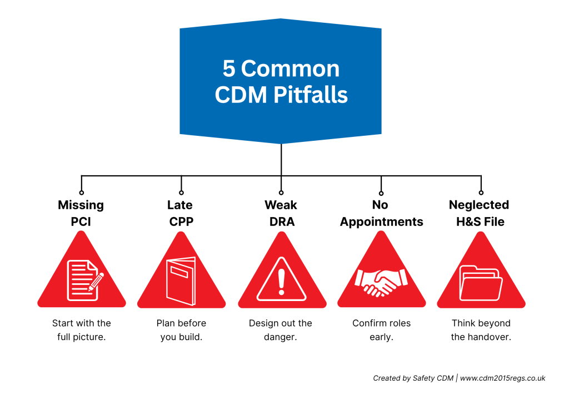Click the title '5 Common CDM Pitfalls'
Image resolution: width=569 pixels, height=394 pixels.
pyautogui.click(x=281, y=81)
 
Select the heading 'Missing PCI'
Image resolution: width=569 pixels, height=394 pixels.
pyautogui.click(x=81, y=213)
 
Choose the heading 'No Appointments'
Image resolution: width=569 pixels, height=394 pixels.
pyautogui.click(x=381, y=213)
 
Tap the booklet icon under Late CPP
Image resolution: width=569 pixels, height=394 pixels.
pyautogui.click(x=181, y=280)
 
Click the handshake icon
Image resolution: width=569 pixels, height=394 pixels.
pyautogui.click(x=381, y=282)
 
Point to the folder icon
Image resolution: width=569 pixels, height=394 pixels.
pyautogui.click(x=481, y=283)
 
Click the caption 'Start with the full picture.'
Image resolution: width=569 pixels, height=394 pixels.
pyautogui.click(x=81, y=330)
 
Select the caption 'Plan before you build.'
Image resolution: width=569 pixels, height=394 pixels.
pyautogui.click(x=181, y=330)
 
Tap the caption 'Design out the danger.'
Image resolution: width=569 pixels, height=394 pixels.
pyautogui.click(x=281, y=330)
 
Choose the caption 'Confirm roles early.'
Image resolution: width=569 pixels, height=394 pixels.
pyautogui.click(x=381, y=330)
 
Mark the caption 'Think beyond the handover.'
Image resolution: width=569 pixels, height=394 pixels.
pyautogui.click(x=481, y=330)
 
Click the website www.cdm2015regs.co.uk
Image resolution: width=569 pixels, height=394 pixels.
pyautogui.click(x=502, y=378)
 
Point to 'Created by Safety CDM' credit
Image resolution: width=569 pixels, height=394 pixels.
pyautogui.click(x=412, y=378)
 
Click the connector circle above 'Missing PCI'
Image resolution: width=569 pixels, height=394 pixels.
pyautogui.click(x=82, y=193)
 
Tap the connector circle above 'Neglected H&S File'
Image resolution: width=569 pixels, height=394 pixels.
pyautogui.click(x=481, y=193)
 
